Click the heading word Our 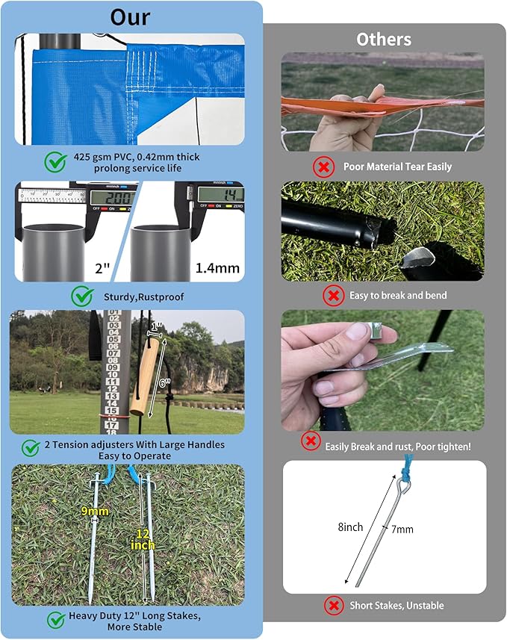131,17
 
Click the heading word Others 382,39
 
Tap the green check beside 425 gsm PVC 55,161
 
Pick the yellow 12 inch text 145,540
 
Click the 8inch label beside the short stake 350,526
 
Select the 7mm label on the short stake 402,529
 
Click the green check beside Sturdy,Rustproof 82,296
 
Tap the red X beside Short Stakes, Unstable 332,605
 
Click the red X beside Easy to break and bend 332,296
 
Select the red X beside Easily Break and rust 311,441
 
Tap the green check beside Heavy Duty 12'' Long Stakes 55,620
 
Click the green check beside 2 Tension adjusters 31,448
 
